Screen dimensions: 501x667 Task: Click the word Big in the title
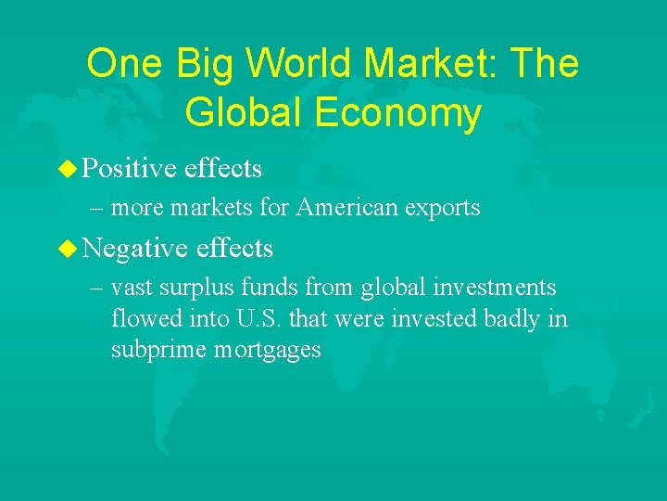pos(195,64)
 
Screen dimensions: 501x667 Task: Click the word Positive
pos(129,168)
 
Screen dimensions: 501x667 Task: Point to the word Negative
pos(134,248)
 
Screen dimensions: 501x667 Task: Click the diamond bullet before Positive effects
pos(66,168)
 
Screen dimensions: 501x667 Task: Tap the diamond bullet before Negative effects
pos(66,248)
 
